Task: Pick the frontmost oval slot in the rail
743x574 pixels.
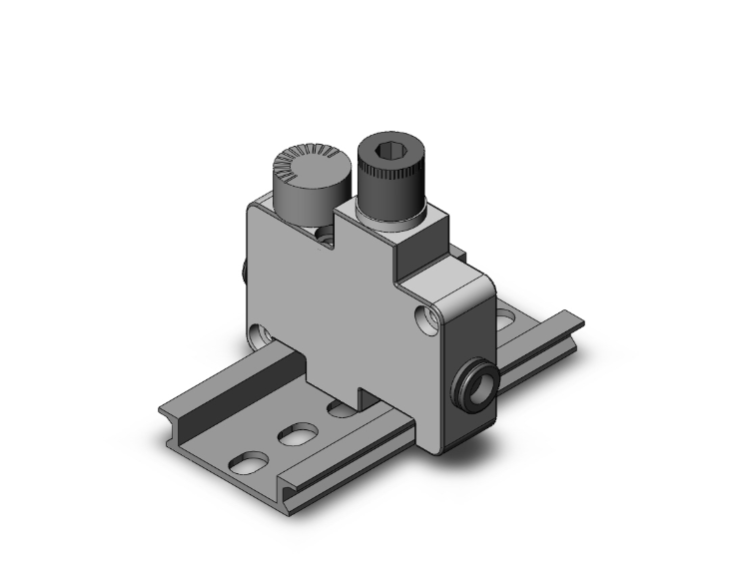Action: (249, 463)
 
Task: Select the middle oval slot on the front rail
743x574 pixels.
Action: (297, 435)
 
